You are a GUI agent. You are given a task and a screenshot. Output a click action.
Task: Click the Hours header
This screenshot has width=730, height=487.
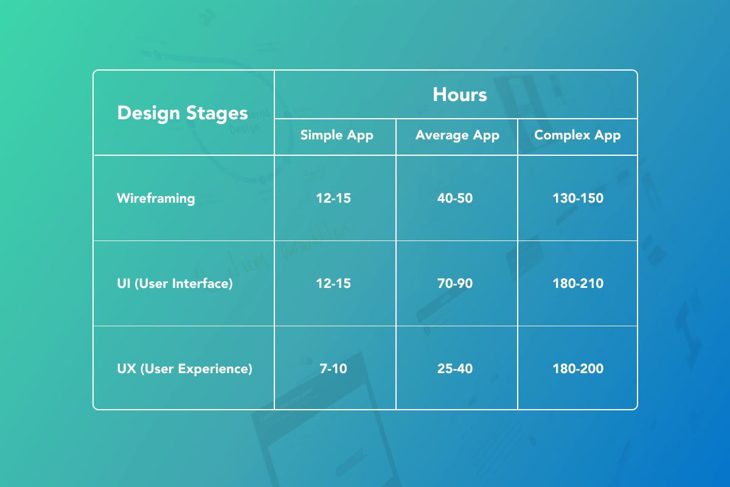(459, 94)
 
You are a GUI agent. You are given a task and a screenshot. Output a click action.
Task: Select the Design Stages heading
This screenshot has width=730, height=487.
(182, 113)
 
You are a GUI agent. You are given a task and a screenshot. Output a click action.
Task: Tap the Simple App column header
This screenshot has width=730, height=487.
(336, 135)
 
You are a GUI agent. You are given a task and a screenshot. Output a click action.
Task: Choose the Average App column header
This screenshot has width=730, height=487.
(457, 135)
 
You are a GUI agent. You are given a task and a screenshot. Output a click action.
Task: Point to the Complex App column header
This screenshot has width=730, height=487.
(577, 135)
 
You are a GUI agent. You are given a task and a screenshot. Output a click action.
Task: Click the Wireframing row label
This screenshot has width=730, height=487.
(156, 198)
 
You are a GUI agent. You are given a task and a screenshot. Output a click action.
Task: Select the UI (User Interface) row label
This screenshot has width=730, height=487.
(175, 284)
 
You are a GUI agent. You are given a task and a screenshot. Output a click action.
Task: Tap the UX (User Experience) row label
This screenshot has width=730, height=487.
(184, 368)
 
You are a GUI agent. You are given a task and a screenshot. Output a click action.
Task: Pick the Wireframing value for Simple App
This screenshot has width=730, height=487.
(333, 198)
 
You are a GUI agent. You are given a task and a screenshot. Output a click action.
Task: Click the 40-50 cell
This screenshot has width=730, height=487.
(455, 198)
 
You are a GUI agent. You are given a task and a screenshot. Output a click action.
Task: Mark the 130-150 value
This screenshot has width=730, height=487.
(578, 198)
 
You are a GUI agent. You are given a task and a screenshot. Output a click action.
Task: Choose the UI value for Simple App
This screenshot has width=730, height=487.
(333, 284)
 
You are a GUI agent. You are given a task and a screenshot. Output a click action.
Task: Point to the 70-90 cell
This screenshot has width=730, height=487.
(455, 284)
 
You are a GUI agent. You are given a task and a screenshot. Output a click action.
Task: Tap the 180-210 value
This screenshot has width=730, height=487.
(578, 284)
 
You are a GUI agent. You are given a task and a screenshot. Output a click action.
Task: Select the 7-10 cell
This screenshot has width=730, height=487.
(333, 368)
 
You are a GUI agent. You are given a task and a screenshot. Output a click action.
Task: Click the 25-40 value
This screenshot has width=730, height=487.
(455, 368)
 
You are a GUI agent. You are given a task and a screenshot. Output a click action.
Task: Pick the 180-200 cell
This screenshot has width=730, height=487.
(578, 368)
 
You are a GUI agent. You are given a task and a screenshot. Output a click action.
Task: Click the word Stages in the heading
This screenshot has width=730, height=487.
(217, 114)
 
